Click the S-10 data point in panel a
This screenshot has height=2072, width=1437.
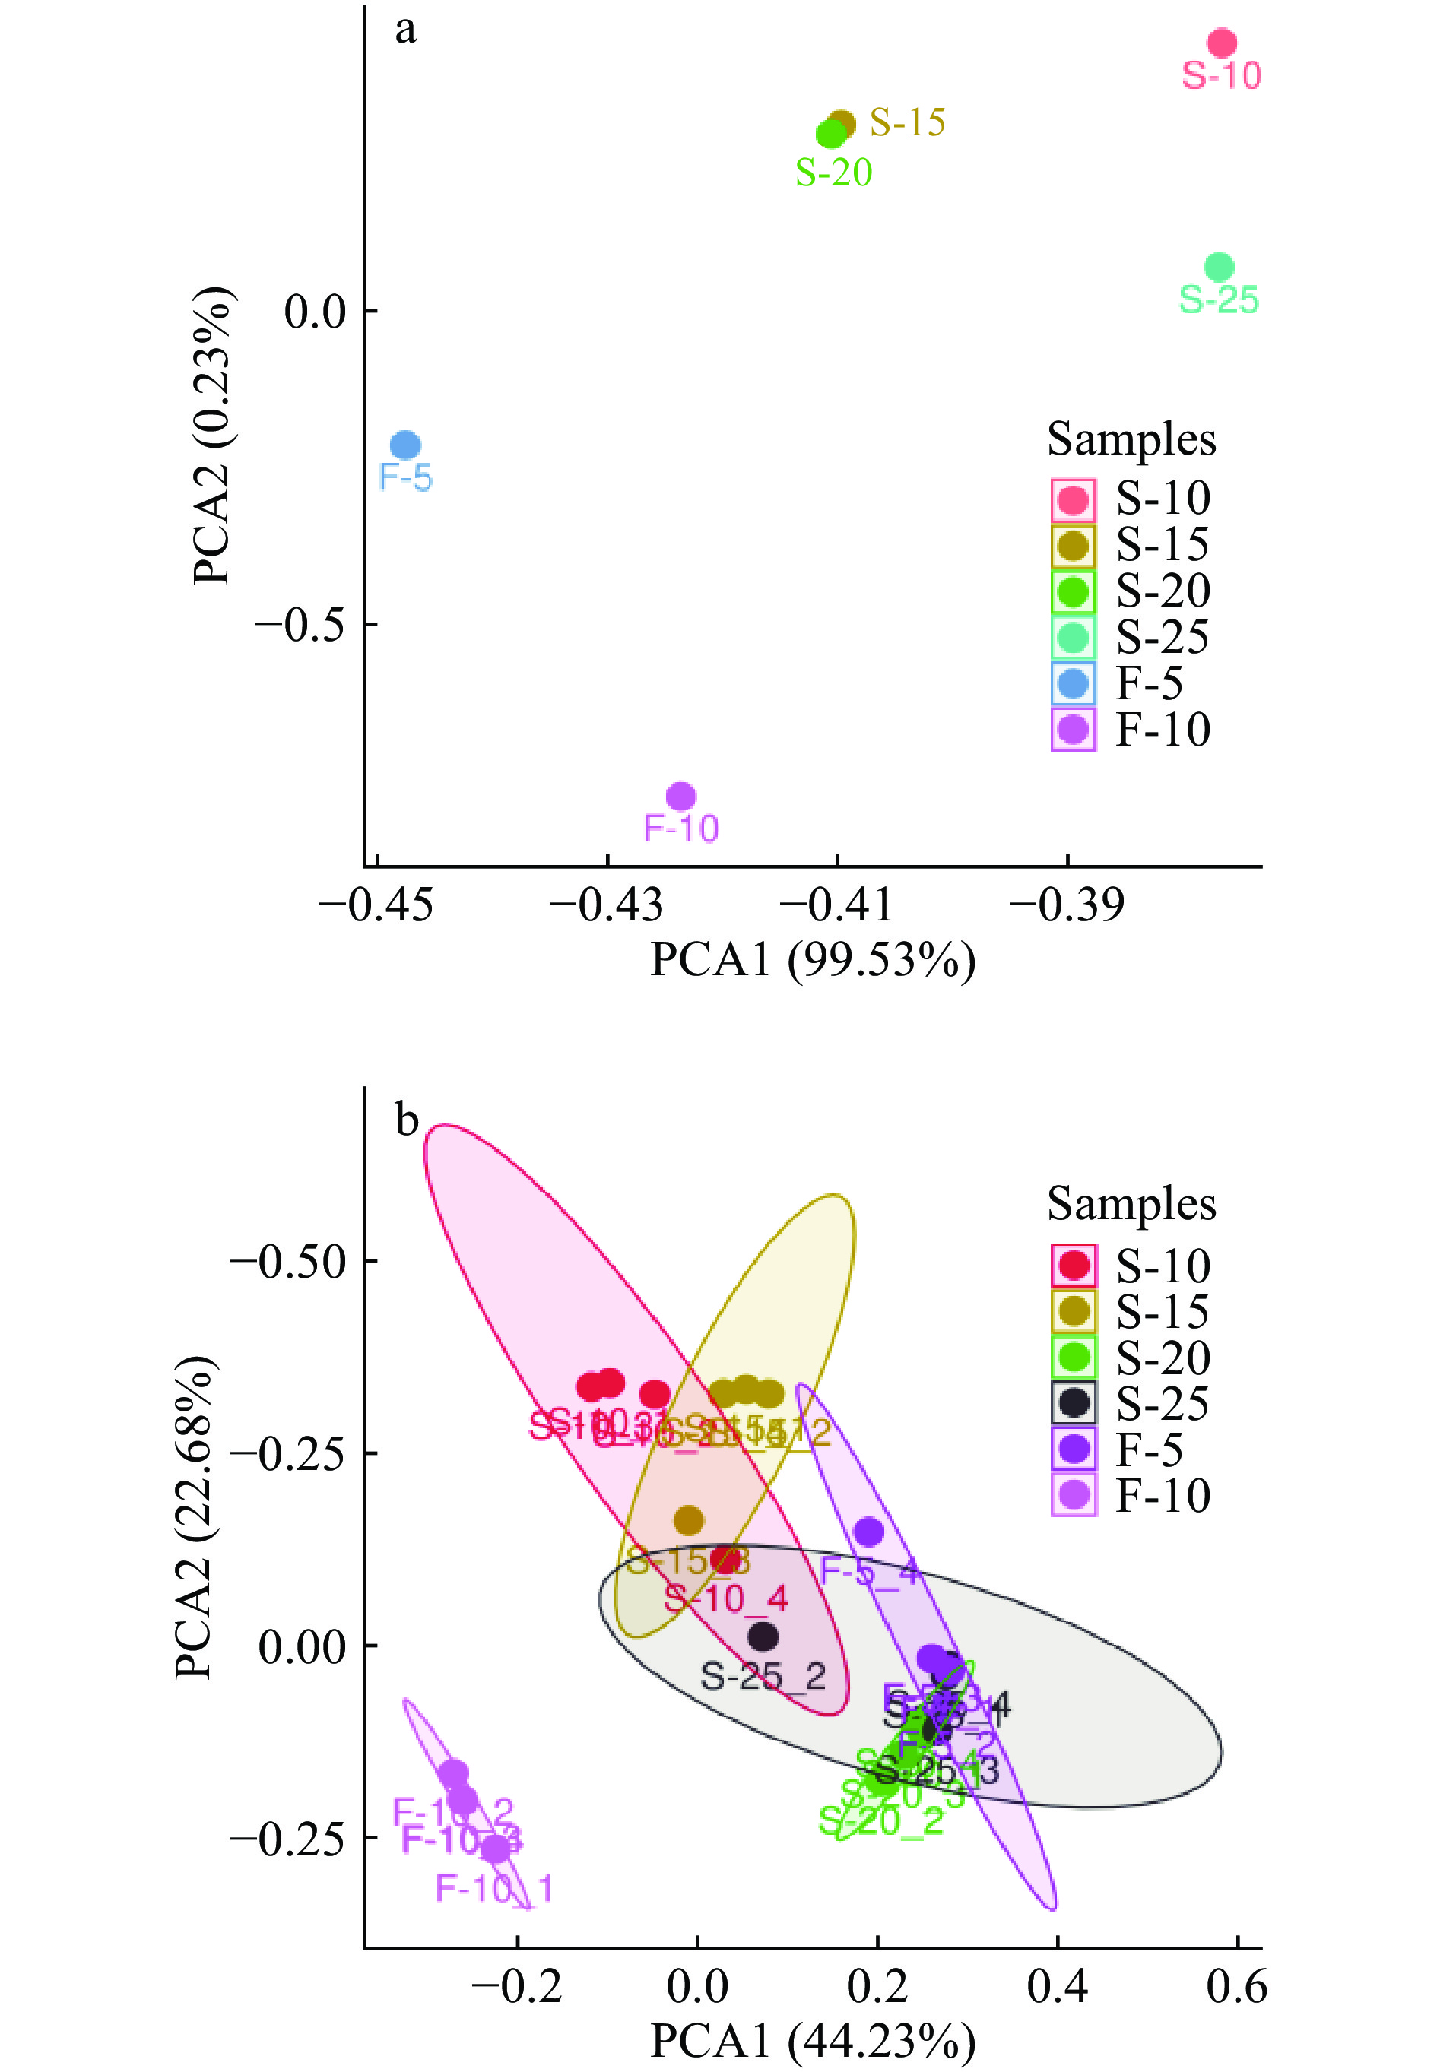pos(1221,43)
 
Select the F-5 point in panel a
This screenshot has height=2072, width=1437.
pos(405,445)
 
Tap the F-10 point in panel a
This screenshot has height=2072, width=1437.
pos(680,797)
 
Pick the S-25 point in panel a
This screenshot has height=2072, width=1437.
pos(1219,268)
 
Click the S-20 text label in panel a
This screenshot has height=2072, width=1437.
pos(834,173)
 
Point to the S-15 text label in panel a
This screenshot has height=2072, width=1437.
pos(908,122)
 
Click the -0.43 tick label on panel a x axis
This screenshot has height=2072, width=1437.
pos(606,905)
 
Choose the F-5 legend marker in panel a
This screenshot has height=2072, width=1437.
pos(1074,684)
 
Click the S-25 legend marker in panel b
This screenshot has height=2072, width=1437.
pos(1074,1402)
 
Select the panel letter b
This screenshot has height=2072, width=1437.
pos(407,1120)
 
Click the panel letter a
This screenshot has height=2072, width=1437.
pos(406,30)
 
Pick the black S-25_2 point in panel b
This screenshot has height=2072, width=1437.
pos(763,1636)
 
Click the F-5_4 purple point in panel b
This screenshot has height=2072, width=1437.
pos(868,1531)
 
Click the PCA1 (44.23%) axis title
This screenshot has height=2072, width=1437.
pos(812,2041)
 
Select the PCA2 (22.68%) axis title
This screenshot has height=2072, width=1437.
pos(195,1516)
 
